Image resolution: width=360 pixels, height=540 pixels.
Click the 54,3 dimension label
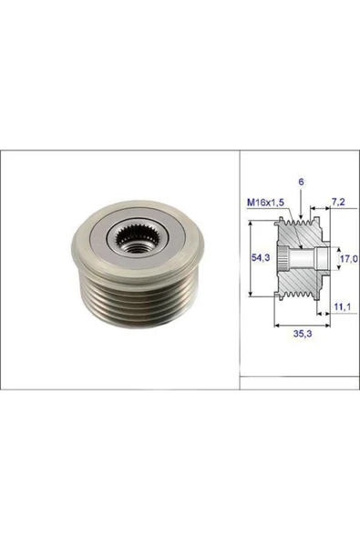point(261,257)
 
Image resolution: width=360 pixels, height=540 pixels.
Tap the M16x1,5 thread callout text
point(266,202)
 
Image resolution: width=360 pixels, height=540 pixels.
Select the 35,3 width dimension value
point(303,333)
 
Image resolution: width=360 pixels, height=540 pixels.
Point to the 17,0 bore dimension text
point(349,259)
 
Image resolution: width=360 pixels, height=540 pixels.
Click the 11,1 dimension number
point(342,306)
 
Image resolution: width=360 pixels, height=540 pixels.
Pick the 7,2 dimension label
point(338,202)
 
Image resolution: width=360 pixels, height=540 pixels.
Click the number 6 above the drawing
point(301,182)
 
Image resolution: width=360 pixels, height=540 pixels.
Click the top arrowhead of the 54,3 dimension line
point(252,224)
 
